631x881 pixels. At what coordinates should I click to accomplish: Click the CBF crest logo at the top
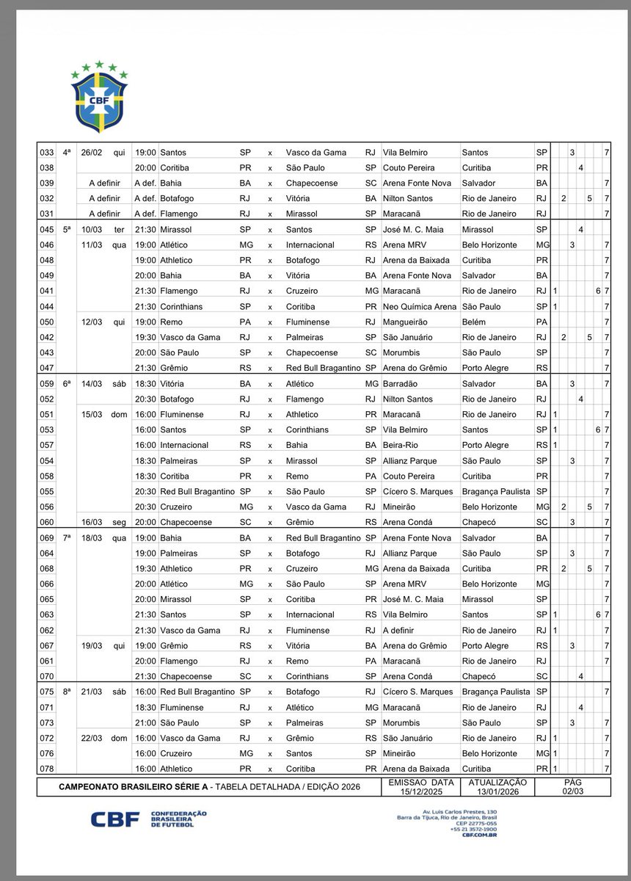tap(98, 96)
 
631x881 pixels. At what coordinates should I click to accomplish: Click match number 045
tap(47, 229)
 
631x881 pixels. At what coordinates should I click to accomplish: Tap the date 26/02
tap(92, 152)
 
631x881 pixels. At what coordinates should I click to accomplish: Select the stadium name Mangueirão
tap(407, 322)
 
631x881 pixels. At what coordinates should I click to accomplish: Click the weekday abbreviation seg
tap(120, 522)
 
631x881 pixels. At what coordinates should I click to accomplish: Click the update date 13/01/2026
tap(497, 791)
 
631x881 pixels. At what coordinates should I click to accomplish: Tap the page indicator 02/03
tap(572, 791)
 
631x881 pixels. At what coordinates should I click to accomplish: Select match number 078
tap(47, 769)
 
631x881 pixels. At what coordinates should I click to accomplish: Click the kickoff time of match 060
tap(145, 522)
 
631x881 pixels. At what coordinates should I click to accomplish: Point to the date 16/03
tap(92, 522)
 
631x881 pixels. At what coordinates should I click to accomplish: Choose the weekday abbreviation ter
tap(120, 229)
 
